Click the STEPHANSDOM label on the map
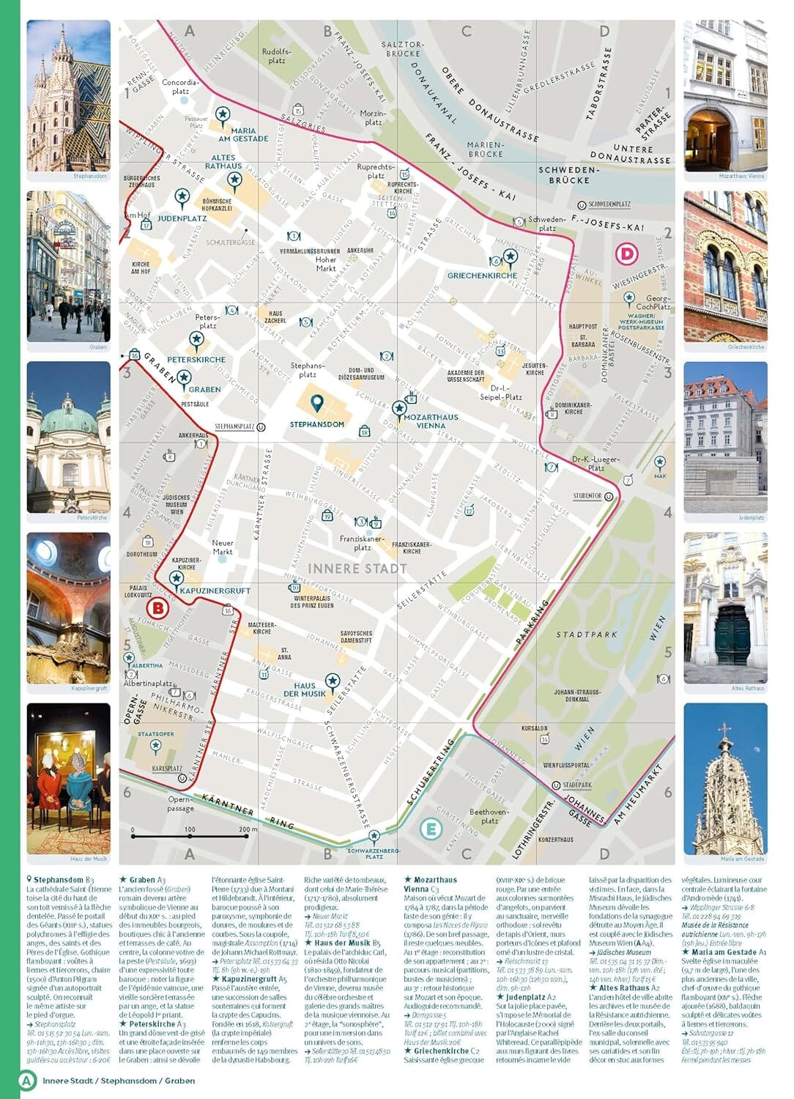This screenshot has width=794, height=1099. coord(316,424)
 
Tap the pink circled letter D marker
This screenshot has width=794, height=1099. coord(626,254)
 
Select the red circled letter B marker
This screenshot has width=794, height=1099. coord(157,608)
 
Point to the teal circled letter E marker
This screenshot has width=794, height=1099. coord(431,829)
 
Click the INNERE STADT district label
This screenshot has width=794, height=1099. coord(357,569)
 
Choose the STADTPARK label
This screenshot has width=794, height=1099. coord(587,634)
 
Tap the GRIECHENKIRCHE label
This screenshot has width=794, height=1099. coord(482,275)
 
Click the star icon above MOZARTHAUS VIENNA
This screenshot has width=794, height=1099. coord(399,407)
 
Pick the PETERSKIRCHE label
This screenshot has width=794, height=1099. coord(196,360)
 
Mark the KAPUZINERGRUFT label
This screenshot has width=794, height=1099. coord(215,591)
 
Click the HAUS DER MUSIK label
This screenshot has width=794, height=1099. coord(305,689)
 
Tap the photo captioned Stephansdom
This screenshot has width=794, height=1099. coord(69,95)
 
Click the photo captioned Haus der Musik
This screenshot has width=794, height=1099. coord(69,778)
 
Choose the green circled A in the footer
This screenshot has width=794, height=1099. coord(27,1080)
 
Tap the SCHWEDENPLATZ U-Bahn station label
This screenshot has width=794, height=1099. coord(609,204)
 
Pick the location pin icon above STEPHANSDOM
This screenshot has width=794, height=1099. coord(316,402)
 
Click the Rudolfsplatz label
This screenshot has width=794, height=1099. coord(277,56)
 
